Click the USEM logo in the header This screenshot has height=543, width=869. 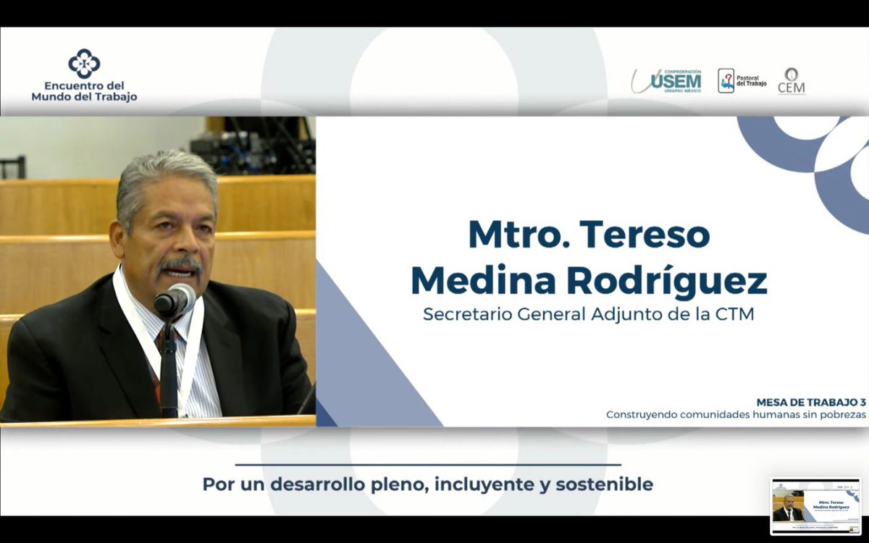667,80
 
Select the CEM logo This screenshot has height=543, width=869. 791,80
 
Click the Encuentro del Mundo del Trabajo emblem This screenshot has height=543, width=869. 84,64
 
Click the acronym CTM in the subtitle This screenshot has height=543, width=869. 736,316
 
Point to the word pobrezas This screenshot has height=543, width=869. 839,415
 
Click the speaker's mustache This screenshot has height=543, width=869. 180,264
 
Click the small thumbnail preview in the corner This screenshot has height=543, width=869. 815,506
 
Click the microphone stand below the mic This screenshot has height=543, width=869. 169,369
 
